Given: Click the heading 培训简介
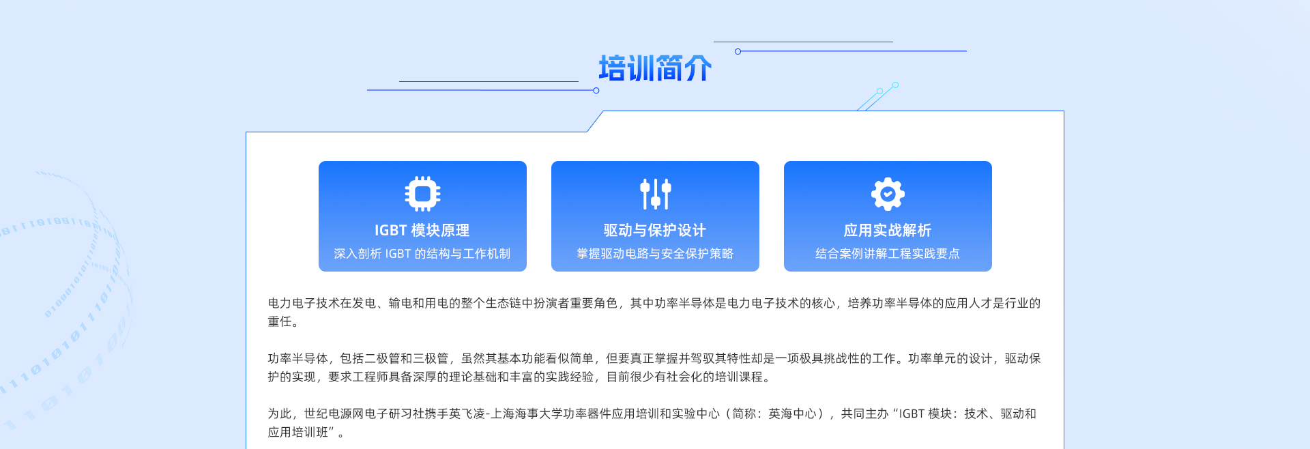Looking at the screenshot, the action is (655, 68).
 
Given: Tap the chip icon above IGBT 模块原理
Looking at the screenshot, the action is (422, 194).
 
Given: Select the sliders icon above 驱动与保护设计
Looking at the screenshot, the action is (655, 194).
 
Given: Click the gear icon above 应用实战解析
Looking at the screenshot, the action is (888, 194).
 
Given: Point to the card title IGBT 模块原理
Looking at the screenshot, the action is (422, 231).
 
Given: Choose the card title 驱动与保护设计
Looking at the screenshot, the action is (655, 231).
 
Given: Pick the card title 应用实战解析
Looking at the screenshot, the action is (888, 231).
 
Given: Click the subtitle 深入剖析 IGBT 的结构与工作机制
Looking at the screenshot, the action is (422, 254).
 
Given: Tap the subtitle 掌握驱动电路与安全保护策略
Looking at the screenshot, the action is (655, 254).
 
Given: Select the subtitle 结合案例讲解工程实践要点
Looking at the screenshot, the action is (888, 254).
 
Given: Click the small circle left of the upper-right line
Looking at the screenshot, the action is (738, 51).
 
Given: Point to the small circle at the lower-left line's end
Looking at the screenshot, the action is (596, 90).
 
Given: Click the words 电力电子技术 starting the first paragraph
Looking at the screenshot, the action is (304, 303).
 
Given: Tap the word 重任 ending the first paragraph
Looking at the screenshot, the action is (280, 321).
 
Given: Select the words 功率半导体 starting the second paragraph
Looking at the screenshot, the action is (297, 358).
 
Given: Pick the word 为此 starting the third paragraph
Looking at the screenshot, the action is (280, 414).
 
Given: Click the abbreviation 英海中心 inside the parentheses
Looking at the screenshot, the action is (792, 414).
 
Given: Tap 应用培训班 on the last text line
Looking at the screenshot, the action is (297, 432).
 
